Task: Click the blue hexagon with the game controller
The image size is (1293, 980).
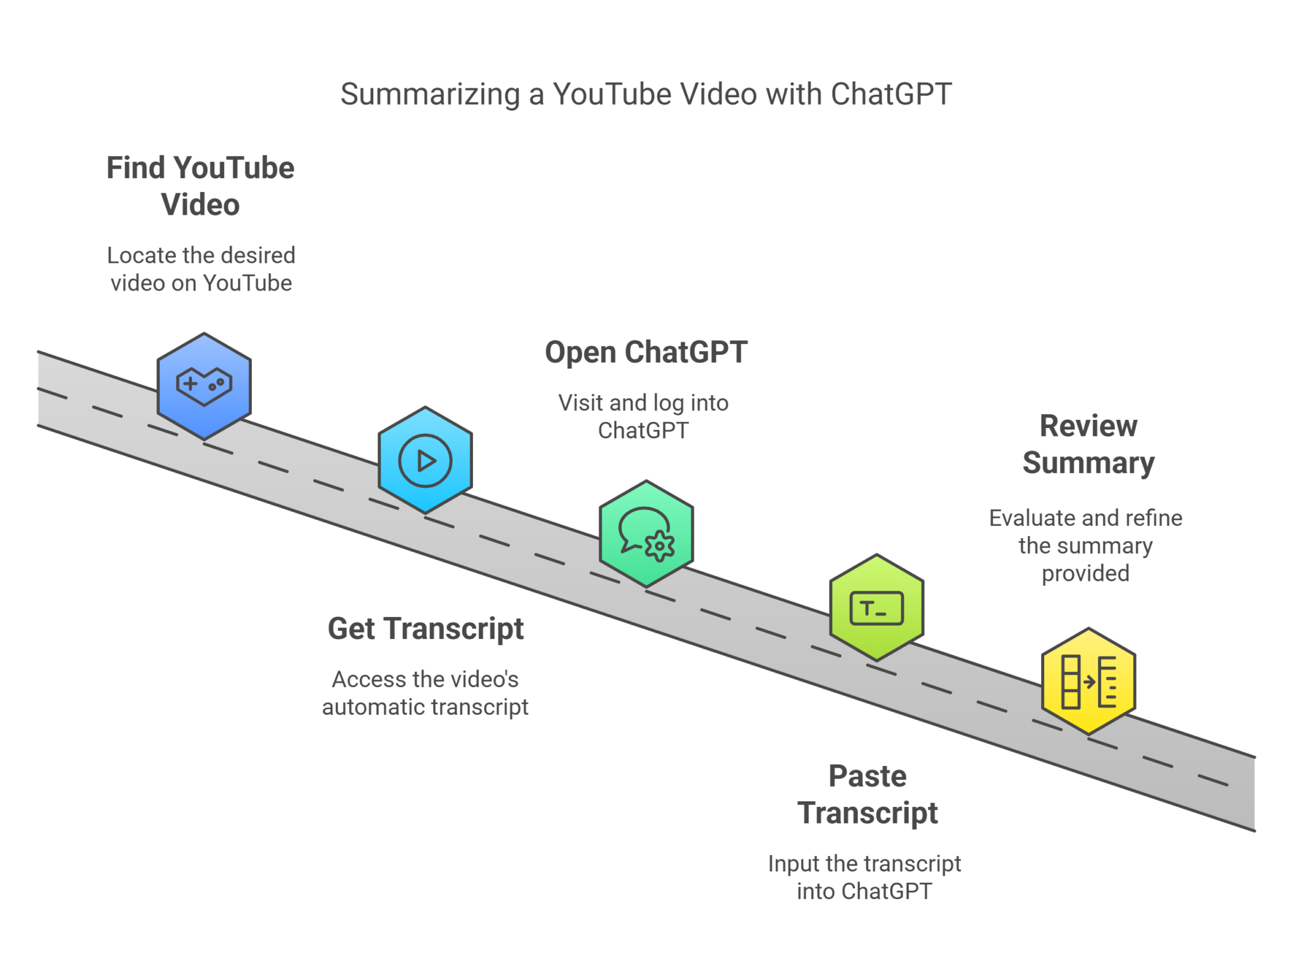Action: tap(204, 386)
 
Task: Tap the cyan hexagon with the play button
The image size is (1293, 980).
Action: tap(425, 460)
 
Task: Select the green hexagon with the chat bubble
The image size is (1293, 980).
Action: tap(646, 534)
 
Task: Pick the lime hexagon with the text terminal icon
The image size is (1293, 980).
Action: tap(876, 607)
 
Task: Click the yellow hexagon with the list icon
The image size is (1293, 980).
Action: tap(1088, 681)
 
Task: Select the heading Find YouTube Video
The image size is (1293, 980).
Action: tap(200, 186)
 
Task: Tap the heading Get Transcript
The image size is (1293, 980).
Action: tap(426, 629)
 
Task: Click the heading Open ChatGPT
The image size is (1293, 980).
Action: tap(646, 352)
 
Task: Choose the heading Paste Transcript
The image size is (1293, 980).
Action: tap(867, 794)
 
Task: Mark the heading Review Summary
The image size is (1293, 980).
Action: tap(1088, 444)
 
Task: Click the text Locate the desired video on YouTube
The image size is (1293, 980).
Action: tap(201, 269)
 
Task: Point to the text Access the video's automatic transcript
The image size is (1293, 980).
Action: tap(425, 693)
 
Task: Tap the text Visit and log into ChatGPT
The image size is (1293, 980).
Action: tap(643, 416)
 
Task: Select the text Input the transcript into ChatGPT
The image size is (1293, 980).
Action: tap(864, 877)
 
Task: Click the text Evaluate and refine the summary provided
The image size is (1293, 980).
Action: tap(1085, 545)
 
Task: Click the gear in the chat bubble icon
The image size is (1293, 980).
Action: tap(660, 546)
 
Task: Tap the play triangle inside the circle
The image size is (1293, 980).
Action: tap(427, 461)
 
